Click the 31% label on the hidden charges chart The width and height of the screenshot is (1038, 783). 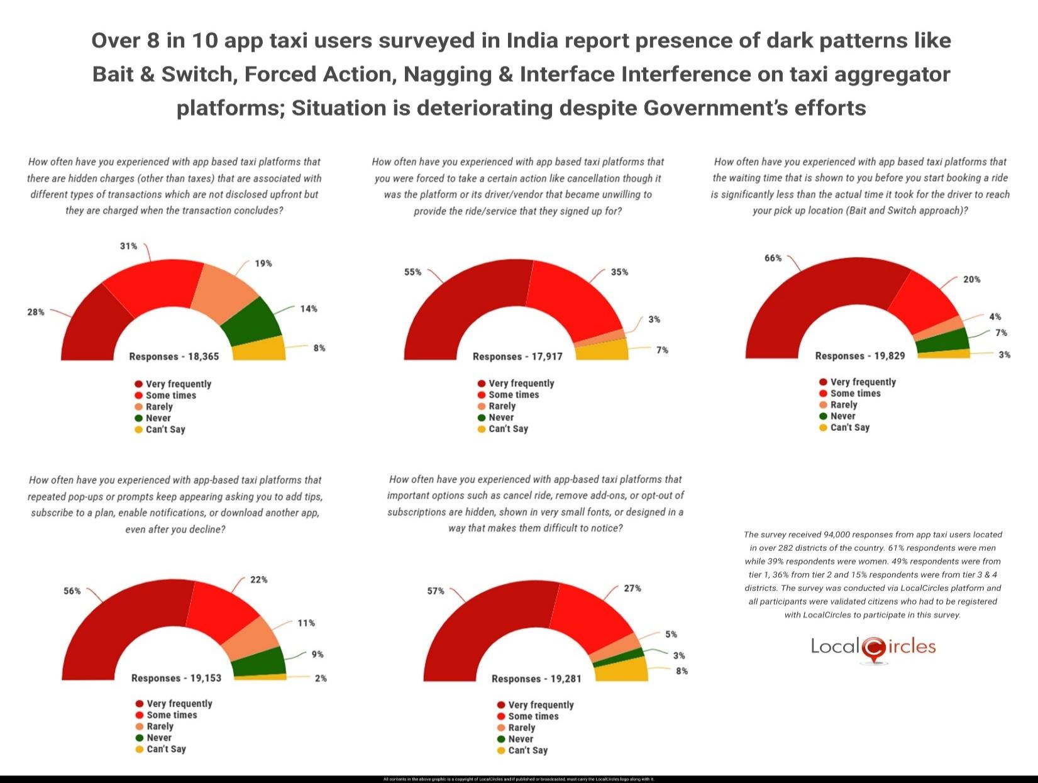click(x=128, y=246)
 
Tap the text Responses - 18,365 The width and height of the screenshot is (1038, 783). click(x=174, y=357)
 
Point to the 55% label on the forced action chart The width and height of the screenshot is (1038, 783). click(x=412, y=272)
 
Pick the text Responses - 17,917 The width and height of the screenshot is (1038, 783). click(x=517, y=357)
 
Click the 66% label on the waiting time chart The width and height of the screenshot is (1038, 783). click(x=773, y=258)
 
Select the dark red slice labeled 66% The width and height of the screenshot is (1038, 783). click(x=811, y=296)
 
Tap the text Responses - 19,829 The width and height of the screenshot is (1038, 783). click(x=860, y=356)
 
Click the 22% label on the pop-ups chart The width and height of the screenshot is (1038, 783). click(x=258, y=580)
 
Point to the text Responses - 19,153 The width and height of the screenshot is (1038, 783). click(x=176, y=678)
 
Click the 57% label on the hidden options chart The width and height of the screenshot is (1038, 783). click(x=436, y=591)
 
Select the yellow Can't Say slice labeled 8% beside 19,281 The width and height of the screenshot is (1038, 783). click(x=621, y=670)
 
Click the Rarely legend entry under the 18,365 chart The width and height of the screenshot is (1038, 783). click(x=158, y=407)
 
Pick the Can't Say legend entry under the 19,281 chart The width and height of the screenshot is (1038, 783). click(x=527, y=750)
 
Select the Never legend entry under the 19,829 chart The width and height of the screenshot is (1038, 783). click(x=842, y=416)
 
